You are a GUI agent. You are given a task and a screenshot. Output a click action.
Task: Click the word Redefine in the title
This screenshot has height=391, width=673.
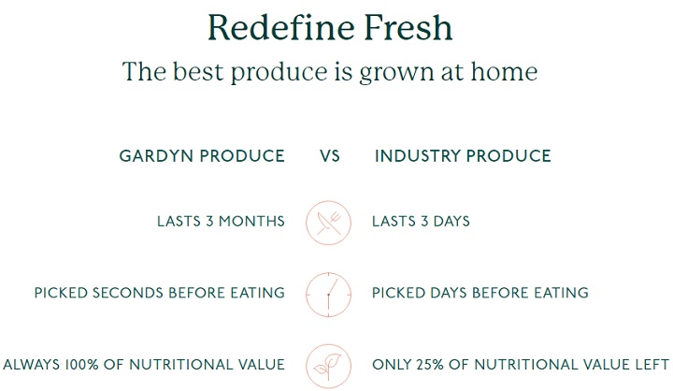click(x=281, y=27)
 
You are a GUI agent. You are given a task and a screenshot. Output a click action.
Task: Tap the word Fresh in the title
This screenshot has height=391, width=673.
click(x=408, y=27)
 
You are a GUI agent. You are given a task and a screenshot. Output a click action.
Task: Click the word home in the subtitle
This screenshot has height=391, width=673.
click(x=505, y=71)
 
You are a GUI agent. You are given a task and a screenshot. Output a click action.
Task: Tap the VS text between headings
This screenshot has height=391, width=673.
click(x=330, y=156)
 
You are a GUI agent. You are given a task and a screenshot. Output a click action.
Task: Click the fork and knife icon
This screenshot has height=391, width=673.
click(x=328, y=223)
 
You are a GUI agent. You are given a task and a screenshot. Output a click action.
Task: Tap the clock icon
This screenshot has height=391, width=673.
click(x=328, y=295)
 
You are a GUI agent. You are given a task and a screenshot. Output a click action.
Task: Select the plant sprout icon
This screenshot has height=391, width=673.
click(x=328, y=366)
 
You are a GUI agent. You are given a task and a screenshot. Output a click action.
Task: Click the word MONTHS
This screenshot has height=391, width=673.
click(x=251, y=222)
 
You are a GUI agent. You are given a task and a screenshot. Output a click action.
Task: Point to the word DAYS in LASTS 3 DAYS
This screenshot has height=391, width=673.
click(x=451, y=222)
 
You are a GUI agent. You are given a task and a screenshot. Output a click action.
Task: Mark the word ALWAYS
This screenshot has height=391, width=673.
click(x=32, y=365)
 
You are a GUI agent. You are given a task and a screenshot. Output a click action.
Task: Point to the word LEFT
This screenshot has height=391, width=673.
click(x=652, y=365)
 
